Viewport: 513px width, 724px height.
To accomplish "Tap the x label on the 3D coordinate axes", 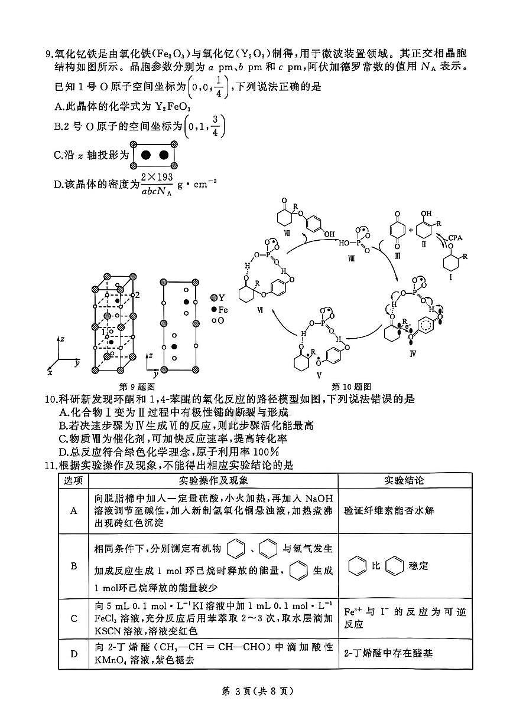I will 50,373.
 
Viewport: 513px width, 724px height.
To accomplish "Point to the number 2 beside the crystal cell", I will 137,294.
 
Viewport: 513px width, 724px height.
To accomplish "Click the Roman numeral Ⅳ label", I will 413,352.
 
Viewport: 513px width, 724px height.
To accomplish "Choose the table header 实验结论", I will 404,480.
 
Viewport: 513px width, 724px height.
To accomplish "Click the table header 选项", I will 74,480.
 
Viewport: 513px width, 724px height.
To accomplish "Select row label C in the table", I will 74,618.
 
